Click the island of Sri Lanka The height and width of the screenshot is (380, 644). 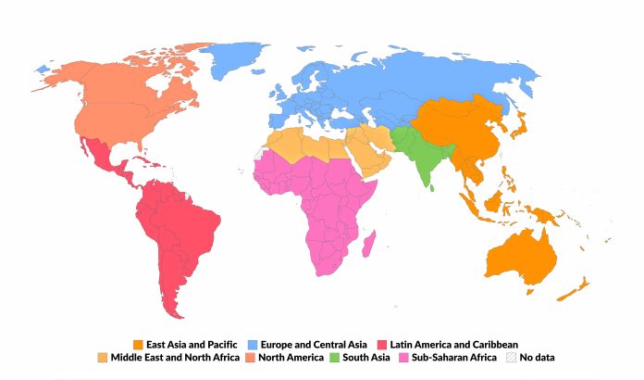433,184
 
